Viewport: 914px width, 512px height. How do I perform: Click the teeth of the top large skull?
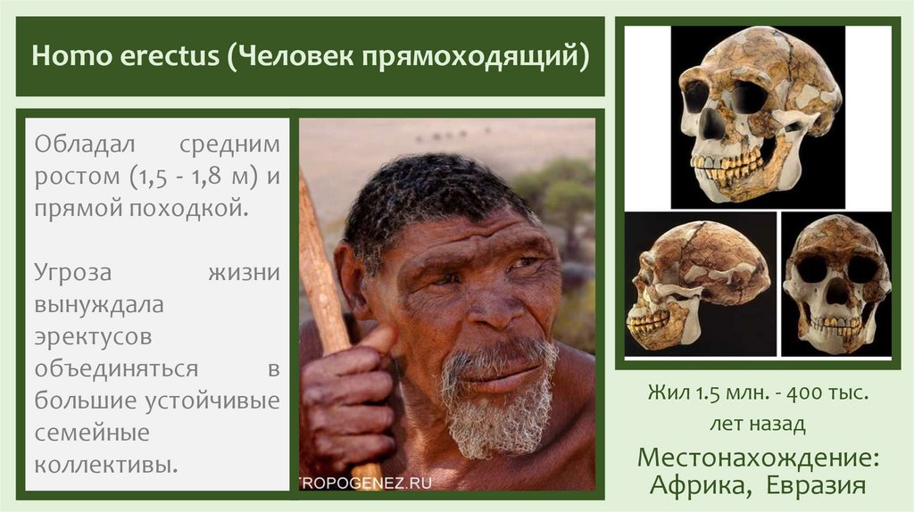(727, 166)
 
